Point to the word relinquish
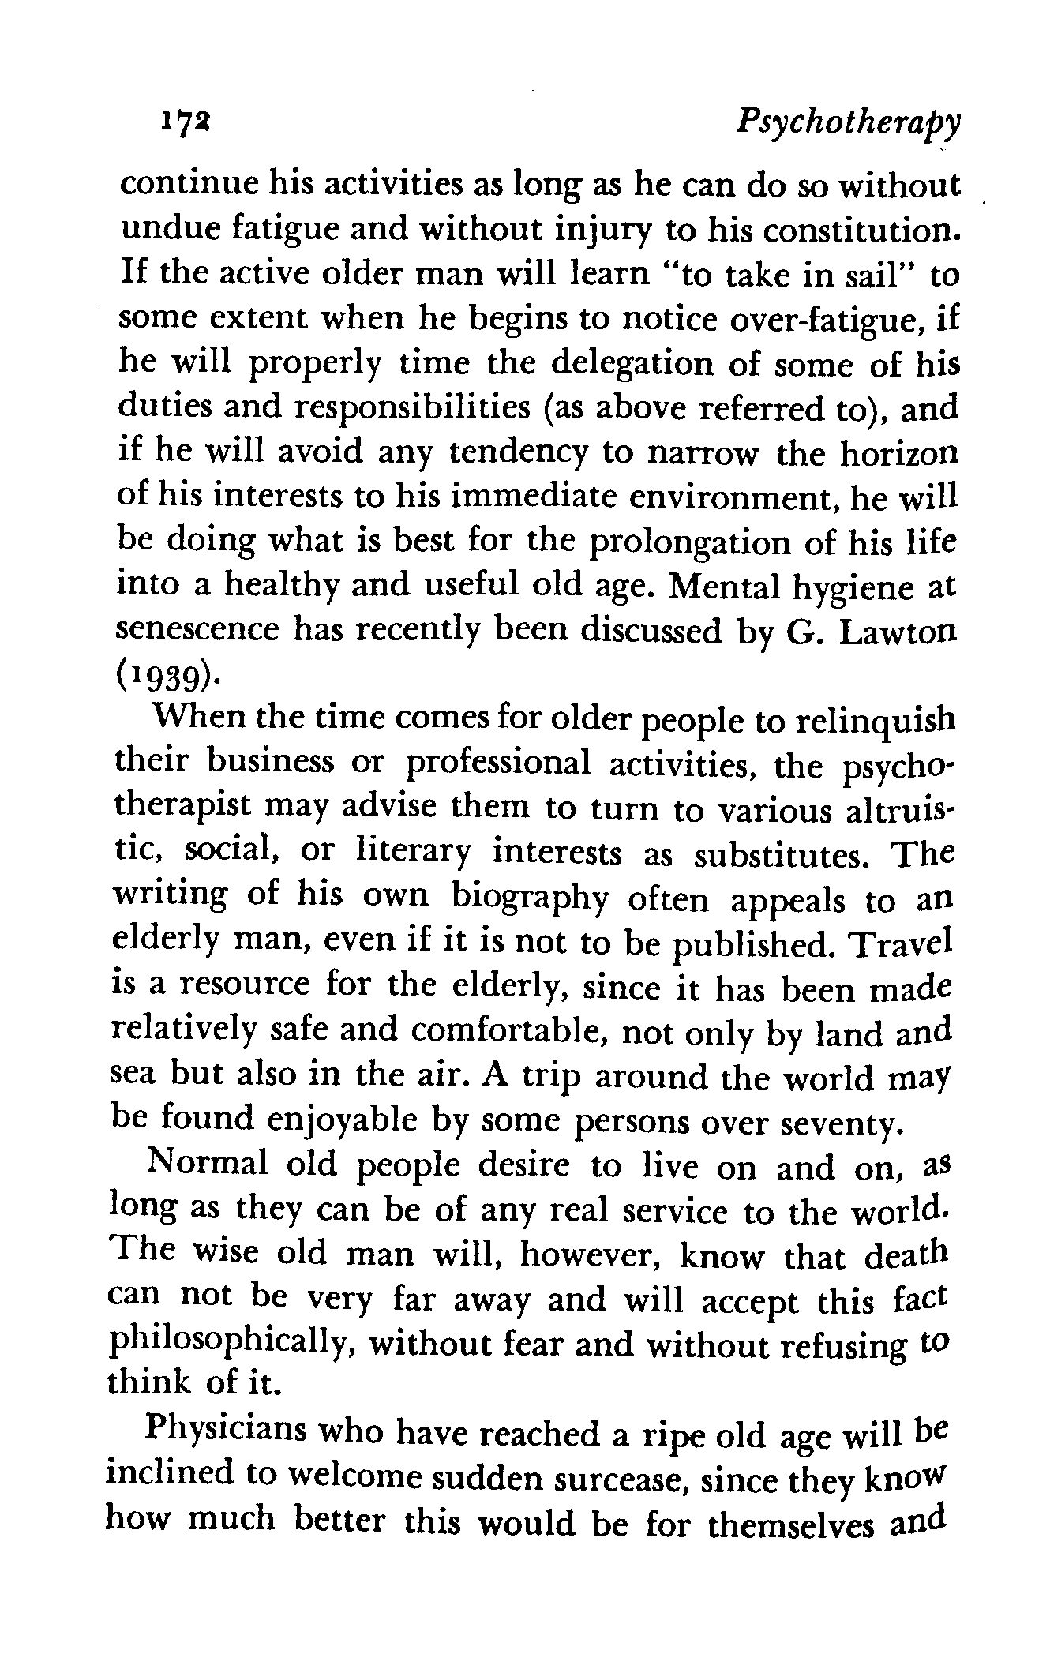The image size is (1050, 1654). point(872,722)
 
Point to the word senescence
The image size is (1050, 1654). point(198,632)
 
